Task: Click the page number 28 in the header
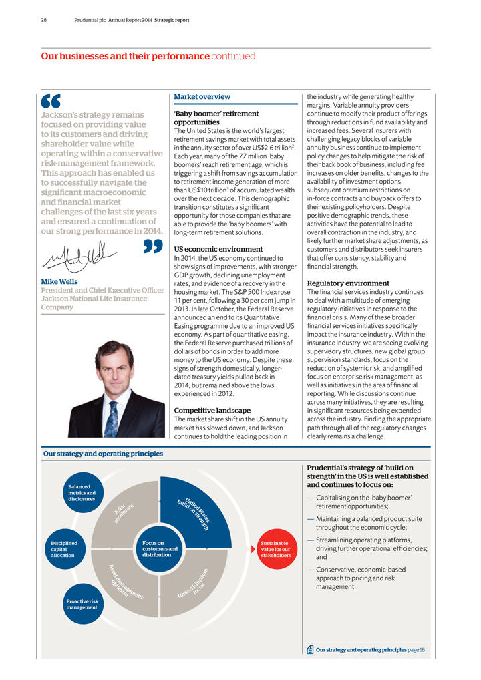point(43,20)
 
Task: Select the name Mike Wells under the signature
point(59,282)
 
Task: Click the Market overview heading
point(202,98)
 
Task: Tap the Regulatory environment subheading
point(347,283)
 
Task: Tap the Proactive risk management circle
point(82,604)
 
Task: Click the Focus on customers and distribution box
point(160,549)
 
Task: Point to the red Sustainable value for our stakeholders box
point(275,549)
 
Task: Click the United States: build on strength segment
point(192,514)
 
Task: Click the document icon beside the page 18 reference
point(311,649)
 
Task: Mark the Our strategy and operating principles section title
point(103,454)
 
